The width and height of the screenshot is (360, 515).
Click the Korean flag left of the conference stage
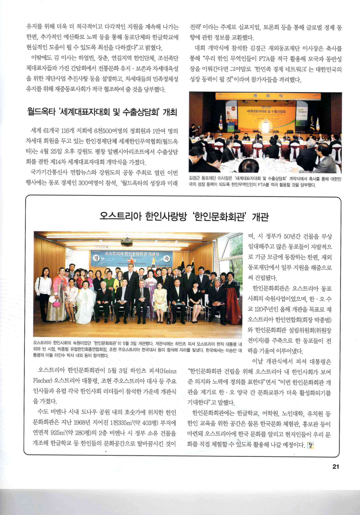point(220,122)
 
